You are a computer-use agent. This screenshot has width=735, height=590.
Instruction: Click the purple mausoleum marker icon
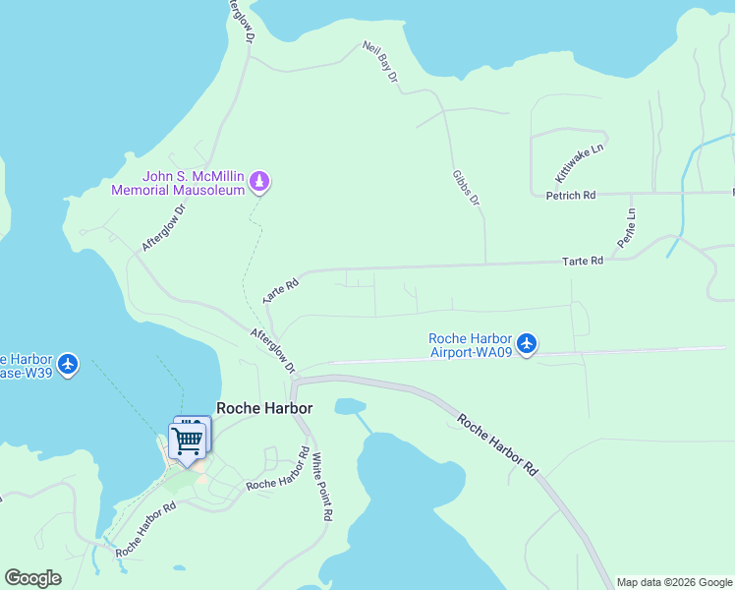[x=260, y=181]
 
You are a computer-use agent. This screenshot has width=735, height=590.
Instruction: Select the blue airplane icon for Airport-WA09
[x=528, y=344]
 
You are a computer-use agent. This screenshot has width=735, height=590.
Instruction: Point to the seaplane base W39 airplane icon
[x=68, y=364]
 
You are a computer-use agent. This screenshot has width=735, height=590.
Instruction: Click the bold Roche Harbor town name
[x=264, y=408]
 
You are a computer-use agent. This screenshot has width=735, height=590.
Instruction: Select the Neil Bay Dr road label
[x=379, y=61]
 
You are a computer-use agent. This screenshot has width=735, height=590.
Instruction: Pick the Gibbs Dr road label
[x=466, y=187]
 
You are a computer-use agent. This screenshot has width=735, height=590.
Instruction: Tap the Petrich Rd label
[x=571, y=196]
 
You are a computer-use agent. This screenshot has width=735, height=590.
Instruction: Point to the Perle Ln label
[x=625, y=227]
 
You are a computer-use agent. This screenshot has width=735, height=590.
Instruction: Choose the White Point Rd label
[x=322, y=487]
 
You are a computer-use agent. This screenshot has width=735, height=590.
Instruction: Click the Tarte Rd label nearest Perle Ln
[x=581, y=262]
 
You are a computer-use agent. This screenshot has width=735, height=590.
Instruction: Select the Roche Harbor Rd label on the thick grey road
[x=500, y=443]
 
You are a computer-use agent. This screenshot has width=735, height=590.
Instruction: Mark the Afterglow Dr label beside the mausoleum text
[x=163, y=227]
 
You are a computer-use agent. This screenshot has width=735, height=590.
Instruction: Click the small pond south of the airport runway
[x=349, y=406]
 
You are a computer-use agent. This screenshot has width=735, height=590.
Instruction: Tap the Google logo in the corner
[x=32, y=578]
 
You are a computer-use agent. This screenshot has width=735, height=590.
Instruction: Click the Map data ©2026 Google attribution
[x=674, y=582]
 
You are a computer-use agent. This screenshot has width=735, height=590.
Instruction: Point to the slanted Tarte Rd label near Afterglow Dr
[x=280, y=290]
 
